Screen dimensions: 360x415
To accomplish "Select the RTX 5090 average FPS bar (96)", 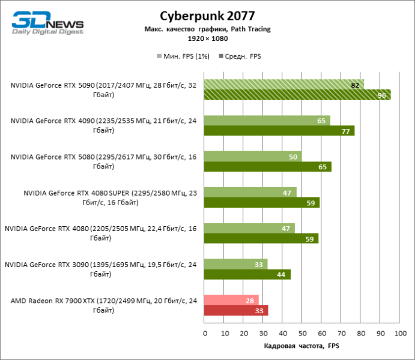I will [297, 95].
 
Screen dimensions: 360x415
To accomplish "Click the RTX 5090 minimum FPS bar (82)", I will [284, 85].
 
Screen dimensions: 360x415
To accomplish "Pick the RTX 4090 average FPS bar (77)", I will [279, 131].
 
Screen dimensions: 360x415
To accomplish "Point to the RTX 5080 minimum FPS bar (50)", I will [253, 157].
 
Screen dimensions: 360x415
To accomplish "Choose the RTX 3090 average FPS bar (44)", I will [247, 274].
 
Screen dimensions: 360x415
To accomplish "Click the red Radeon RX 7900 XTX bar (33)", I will [236, 310].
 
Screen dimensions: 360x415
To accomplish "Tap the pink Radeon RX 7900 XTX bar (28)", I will [231, 300].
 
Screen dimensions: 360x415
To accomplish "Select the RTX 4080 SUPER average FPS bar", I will [262, 203].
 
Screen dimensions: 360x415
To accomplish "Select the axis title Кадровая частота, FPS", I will [302, 346].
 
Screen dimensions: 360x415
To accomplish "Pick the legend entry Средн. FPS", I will [243, 56].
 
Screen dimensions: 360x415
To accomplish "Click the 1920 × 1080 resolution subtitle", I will [207, 38].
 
